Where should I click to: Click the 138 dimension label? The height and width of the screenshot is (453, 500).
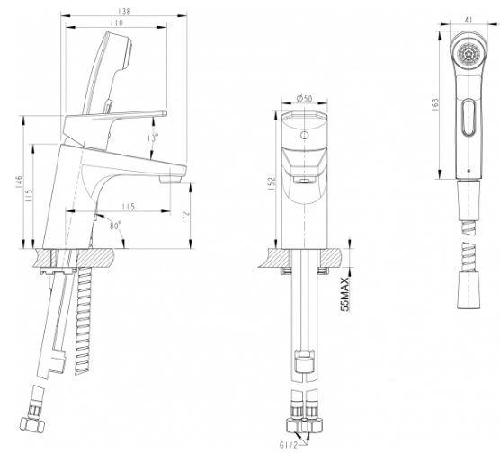124,11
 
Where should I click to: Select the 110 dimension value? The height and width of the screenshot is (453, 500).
116,23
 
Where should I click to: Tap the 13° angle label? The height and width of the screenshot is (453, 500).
153,138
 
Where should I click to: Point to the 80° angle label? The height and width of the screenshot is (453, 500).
115,225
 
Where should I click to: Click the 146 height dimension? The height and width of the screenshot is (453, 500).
20,182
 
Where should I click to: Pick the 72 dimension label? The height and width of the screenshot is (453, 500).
186,215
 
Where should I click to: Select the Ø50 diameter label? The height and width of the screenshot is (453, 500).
304,99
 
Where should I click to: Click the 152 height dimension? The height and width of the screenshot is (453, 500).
272,183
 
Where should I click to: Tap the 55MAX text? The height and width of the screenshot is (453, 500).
345,294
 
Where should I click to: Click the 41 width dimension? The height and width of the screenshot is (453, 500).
469,20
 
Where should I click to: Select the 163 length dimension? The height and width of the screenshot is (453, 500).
435,104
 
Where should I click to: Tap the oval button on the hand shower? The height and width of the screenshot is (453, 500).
469,118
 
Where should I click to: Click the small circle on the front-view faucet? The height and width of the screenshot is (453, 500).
305,135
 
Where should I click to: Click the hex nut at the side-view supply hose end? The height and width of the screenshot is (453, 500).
32,423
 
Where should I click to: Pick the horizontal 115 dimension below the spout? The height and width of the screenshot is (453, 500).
129,207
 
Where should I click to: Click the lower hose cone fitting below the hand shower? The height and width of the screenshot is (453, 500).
469,289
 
